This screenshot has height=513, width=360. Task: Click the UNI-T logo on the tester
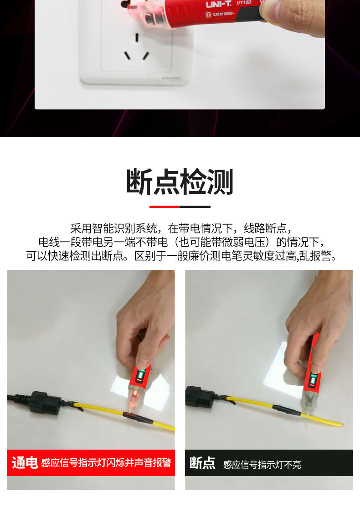(x=218, y=4)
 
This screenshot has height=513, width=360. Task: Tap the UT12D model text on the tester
(x=244, y=2)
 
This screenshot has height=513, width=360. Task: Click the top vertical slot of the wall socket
(x=137, y=37)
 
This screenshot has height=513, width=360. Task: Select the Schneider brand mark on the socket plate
(x=172, y=78)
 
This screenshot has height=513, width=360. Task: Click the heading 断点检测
(x=180, y=181)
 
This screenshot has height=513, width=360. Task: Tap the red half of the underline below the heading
(x=165, y=207)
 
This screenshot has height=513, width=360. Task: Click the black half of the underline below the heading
(x=195, y=207)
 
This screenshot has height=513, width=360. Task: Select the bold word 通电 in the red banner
(x=25, y=463)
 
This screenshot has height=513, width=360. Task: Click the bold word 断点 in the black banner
(x=202, y=463)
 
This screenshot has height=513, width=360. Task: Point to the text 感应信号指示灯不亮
(x=262, y=465)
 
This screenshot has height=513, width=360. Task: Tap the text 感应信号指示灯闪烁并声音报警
(x=106, y=463)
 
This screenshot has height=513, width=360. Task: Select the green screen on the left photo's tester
(x=141, y=374)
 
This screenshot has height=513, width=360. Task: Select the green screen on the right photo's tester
(x=313, y=379)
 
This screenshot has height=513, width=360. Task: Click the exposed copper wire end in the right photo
(x=341, y=425)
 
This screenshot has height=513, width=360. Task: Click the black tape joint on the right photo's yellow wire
(x=287, y=410)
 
